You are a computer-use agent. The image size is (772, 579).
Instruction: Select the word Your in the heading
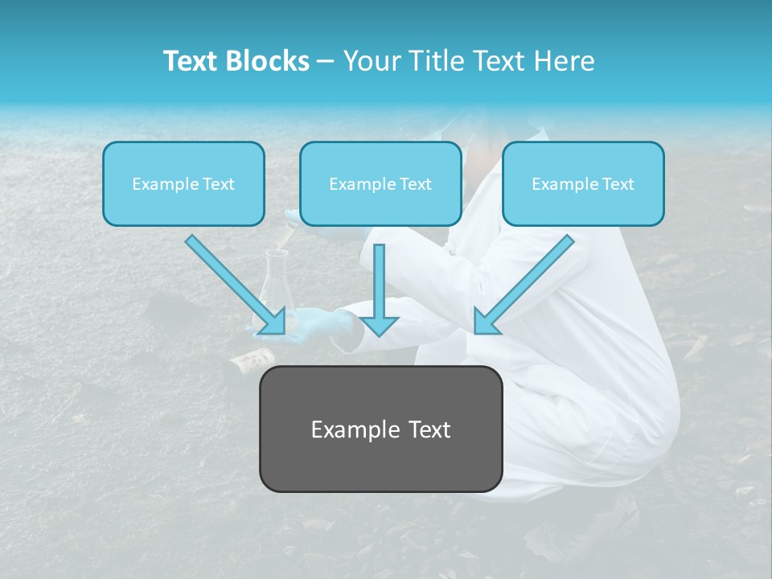(x=368, y=61)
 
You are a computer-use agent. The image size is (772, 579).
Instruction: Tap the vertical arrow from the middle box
(x=380, y=289)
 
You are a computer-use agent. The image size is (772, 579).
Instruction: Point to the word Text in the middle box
(x=415, y=184)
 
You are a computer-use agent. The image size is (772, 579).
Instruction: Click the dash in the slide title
(x=326, y=61)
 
